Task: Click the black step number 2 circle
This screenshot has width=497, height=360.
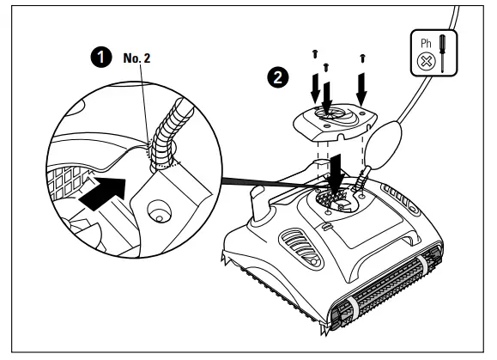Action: [x=278, y=76]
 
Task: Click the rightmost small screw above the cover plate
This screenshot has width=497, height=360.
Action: [x=365, y=58]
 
